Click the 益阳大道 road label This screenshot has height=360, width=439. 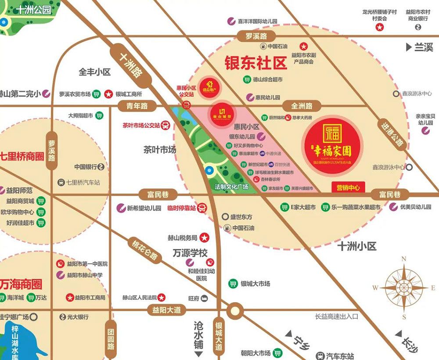click(164, 310)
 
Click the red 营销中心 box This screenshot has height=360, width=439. click(348, 187)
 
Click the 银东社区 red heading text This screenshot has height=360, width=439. click(255, 63)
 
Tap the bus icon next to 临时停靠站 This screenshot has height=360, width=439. click(202, 208)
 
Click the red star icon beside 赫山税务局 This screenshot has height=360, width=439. click(204, 238)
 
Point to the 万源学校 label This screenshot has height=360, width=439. click(189, 253)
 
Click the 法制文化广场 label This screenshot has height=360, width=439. click(231, 187)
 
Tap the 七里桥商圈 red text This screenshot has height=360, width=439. click(22, 156)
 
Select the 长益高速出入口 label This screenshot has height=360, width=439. click(337, 316)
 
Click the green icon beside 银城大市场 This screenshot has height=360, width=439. click(232, 284)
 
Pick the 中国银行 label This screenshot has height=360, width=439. click(85, 166)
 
